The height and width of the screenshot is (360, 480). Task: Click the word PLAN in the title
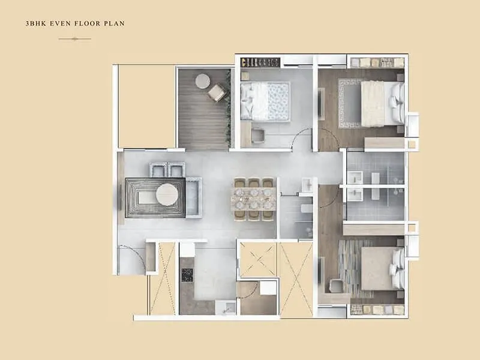point(115,24)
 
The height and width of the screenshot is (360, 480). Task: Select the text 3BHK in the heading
point(36,24)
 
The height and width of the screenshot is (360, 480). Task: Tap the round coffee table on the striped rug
point(167,194)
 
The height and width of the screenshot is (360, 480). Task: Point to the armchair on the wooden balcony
point(217,92)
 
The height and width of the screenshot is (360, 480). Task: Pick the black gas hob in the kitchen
point(187,274)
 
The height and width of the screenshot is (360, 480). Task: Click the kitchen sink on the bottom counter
point(227,307)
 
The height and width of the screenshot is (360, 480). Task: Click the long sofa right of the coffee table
point(193,198)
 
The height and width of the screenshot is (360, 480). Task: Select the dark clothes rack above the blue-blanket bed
point(260,62)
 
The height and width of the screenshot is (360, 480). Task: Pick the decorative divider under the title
point(75,39)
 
